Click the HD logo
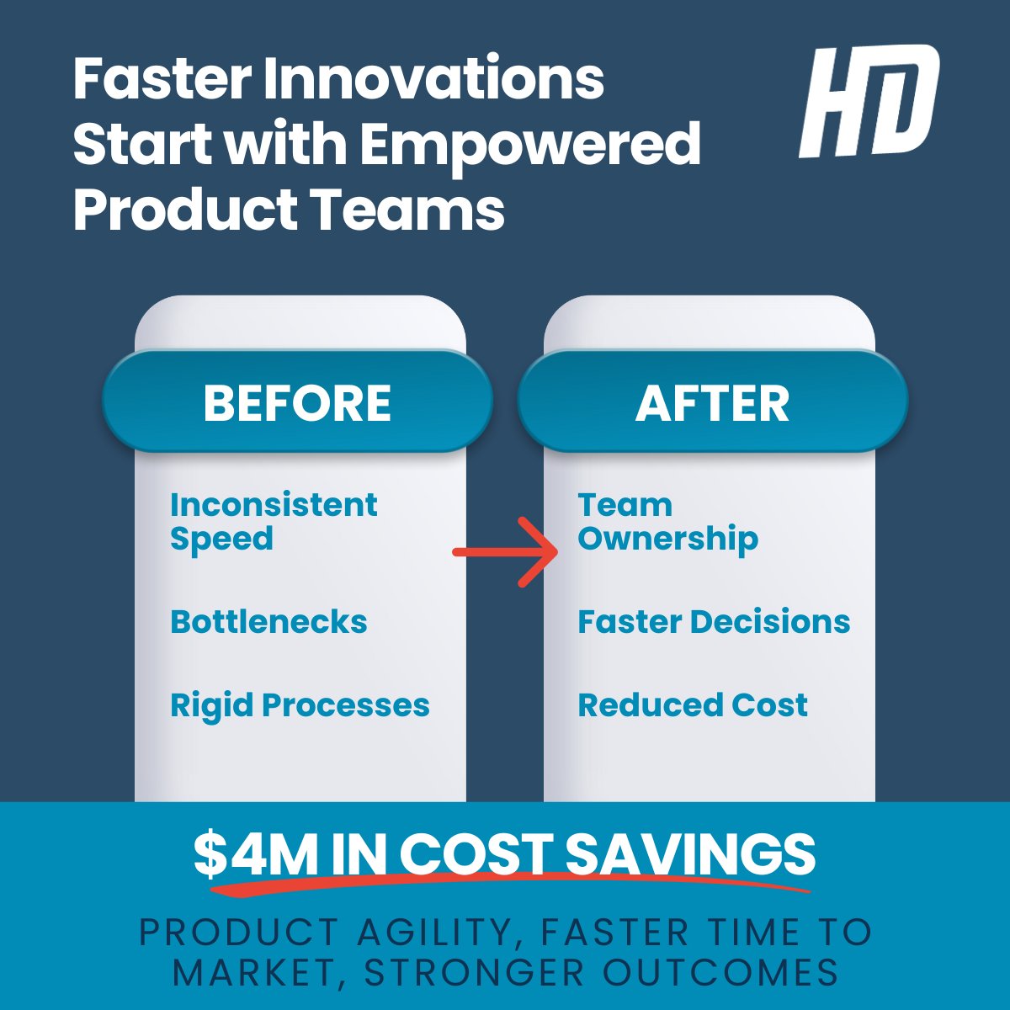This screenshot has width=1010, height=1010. (869, 101)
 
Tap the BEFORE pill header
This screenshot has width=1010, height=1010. (297, 402)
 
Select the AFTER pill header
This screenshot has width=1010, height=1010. (712, 402)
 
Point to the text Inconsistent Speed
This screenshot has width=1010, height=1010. (273, 522)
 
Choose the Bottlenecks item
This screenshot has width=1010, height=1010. (268, 622)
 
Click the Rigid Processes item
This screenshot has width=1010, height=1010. (300, 705)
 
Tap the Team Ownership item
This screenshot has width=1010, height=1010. (667, 522)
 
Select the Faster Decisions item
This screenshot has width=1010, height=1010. (714, 622)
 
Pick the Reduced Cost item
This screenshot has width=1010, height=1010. (692, 705)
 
